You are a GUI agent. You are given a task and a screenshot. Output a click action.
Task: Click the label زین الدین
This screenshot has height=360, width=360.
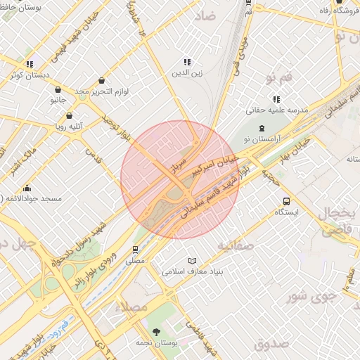[187, 73]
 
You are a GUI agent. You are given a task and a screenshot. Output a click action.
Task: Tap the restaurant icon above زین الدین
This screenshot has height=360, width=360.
[187, 62]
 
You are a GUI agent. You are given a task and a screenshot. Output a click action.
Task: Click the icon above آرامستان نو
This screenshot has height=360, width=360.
[262, 128]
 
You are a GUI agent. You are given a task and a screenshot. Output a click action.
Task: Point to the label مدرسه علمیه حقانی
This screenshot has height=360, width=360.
[278, 110]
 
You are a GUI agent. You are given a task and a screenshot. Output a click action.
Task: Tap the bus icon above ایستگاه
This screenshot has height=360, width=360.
[286, 201]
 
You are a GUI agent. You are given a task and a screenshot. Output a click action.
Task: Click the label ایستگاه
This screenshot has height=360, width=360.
[286, 212]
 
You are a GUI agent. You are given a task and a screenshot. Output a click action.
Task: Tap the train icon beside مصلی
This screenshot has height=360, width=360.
[136, 249]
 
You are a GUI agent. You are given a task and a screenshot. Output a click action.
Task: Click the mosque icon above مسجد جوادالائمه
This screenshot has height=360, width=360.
[27, 188]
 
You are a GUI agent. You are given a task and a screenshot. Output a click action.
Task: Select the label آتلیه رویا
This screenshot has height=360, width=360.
[69, 127]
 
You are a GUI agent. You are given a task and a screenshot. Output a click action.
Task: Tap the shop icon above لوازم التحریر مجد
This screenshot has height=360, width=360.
[103, 81]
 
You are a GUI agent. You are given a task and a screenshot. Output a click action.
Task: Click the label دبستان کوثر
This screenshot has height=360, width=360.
[29, 75]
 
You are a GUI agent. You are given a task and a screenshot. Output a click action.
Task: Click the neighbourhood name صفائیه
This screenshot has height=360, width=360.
[234, 245]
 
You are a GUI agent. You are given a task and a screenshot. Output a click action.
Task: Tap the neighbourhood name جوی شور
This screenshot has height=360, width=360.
[312, 296]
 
